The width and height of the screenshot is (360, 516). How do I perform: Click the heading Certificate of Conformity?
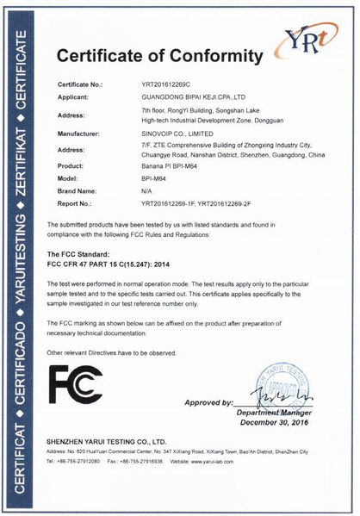tap(159, 58)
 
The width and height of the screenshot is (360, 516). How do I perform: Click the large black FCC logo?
tap(75, 384)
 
